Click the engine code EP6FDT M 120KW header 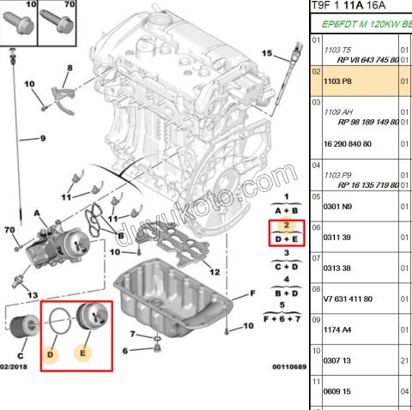click(x=360, y=26)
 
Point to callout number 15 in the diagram click(x=267, y=54)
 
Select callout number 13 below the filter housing click(x=33, y=295)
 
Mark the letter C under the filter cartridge click(x=21, y=353)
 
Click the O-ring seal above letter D click(x=59, y=323)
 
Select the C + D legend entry click(x=286, y=266)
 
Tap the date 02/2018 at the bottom click(x=14, y=367)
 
